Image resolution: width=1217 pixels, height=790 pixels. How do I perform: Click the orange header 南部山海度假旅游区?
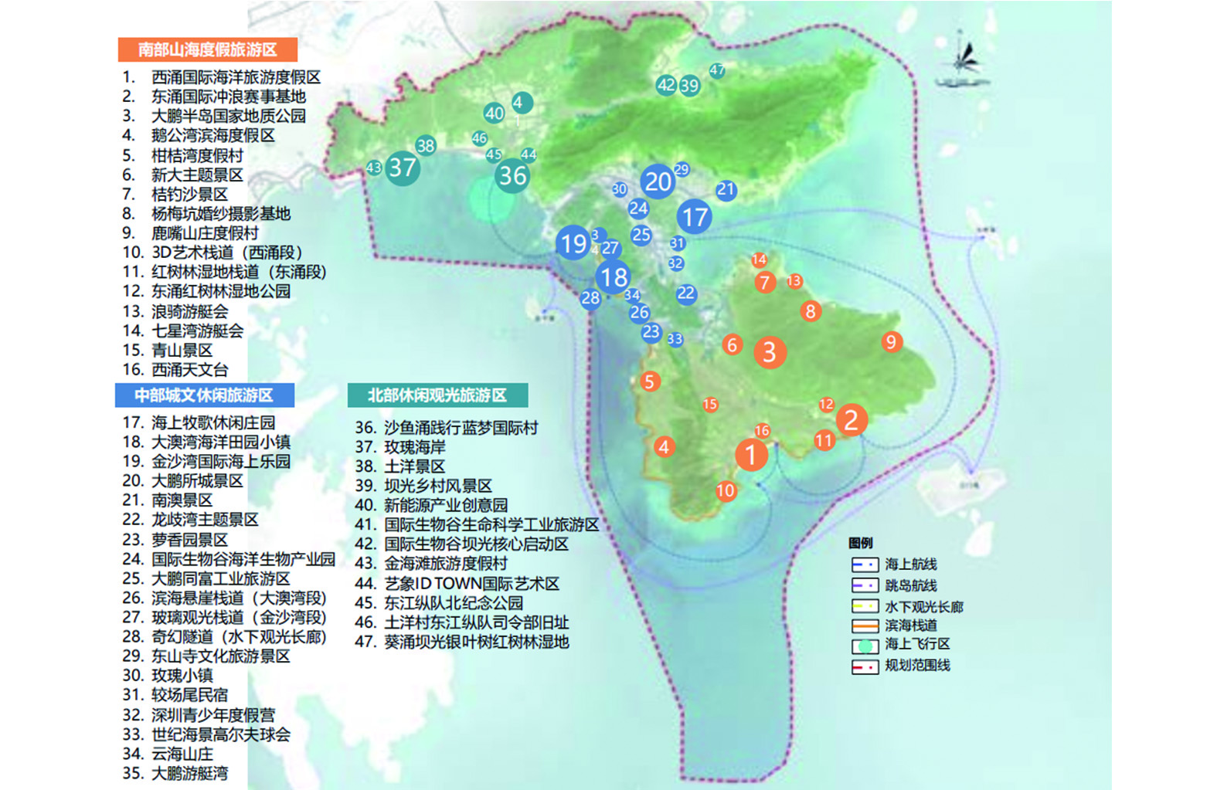click(207, 49)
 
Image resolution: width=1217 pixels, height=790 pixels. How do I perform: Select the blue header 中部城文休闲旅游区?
click(204, 395)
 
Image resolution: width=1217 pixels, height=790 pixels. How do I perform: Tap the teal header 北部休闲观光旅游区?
click(437, 395)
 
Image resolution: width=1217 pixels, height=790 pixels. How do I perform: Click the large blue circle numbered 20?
click(658, 181)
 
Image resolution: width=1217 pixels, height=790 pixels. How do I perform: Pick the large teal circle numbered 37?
click(403, 168)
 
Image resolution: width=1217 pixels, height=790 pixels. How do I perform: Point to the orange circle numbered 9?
click(891, 341)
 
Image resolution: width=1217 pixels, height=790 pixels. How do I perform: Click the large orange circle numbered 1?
click(750, 454)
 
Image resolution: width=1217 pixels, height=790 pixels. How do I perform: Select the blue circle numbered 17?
click(695, 217)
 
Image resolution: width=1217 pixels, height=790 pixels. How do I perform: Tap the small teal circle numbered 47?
click(717, 70)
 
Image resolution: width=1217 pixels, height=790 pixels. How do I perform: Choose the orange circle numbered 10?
click(726, 490)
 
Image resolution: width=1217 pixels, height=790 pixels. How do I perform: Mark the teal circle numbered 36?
click(512, 176)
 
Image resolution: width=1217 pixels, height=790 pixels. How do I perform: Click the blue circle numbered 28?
click(590, 298)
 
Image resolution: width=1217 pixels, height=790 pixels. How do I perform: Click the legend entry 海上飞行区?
click(916, 644)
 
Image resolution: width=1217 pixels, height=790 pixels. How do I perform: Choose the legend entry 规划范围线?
click(916, 665)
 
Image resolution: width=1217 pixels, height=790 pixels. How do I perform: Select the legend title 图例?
click(860, 543)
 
